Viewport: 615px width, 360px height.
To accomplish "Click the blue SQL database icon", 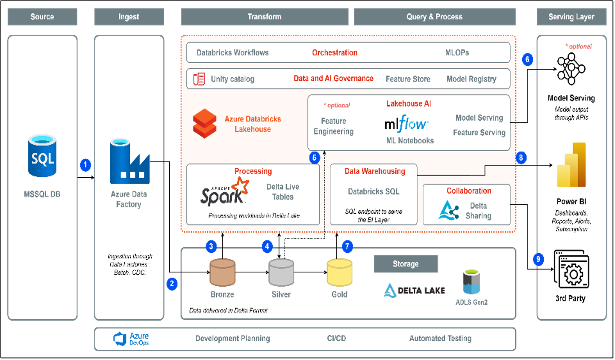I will [x=42, y=156].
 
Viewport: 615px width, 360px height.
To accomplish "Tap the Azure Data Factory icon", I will [x=129, y=161].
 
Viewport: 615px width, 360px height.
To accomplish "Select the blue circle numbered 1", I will [x=85, y=165].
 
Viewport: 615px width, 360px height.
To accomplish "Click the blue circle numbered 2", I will [x=172, y=284].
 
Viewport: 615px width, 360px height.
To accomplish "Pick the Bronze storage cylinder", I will [x=222, y=272].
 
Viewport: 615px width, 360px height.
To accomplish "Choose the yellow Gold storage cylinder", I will [x=339, y=272].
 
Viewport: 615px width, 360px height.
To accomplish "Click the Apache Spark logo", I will [x=225, y=192].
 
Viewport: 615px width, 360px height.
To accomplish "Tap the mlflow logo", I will [x=406, y=124].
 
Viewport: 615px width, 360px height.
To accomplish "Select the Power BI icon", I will [x=571, y=165].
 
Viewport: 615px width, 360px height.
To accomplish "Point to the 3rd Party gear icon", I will [x=571, y=269].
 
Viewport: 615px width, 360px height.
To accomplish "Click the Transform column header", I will [x=265, y=17].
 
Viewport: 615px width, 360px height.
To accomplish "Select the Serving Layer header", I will [x=571, y=17].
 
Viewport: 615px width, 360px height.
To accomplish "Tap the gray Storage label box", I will [x=406, y=264].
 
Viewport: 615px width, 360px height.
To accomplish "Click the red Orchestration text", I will [x=335, y=53].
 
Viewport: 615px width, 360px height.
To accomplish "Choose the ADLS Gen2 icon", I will [x=471, y=282].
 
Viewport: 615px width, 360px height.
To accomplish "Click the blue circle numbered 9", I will [x=538, y=259].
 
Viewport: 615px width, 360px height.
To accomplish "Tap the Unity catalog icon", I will [x=199, y=79].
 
